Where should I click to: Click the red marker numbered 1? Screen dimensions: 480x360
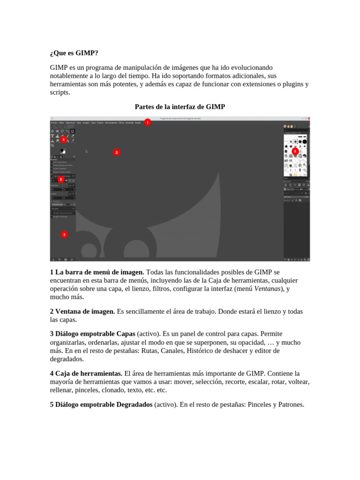[148, 122]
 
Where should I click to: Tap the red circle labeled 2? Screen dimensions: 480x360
[117, 152]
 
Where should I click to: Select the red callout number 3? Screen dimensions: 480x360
[64, 234]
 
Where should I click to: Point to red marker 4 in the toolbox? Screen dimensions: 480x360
[63, 139]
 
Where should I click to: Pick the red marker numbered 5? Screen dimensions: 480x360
[295, 151]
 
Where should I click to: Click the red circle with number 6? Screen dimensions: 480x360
[60, 179]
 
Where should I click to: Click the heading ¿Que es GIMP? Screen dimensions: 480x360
[74, 53]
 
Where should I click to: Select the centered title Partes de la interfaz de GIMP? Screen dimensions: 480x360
[180, 107]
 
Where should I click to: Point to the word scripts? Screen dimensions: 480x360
[60, 93]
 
